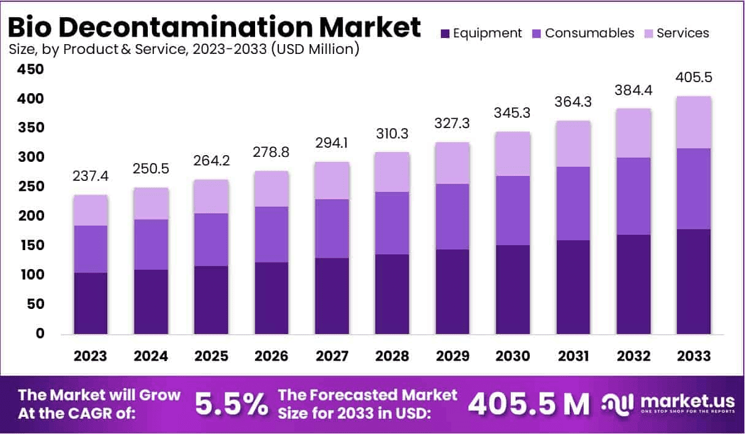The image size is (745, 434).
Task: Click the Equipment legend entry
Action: coord(481,33)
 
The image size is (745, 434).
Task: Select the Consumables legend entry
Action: coord(583,33)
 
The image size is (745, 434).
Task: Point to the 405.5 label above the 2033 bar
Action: coord(694,78)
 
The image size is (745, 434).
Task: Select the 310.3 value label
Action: coord(392,134)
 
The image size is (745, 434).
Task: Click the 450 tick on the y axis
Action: coord(29,70)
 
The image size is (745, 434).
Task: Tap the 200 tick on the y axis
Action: coord(29,216)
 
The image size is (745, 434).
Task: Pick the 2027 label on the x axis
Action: coord(332,356)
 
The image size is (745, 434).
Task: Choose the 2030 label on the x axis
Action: coord(513,356)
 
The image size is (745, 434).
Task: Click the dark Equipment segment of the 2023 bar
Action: coord(90,303)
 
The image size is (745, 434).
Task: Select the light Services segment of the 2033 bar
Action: coord(694,122)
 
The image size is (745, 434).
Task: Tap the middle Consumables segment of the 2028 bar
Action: coord(392,223)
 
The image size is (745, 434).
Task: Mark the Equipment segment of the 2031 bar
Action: coord(573,287)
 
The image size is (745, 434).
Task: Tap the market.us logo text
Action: coord(687,401)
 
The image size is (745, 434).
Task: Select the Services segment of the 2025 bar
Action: coord(211,196)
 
